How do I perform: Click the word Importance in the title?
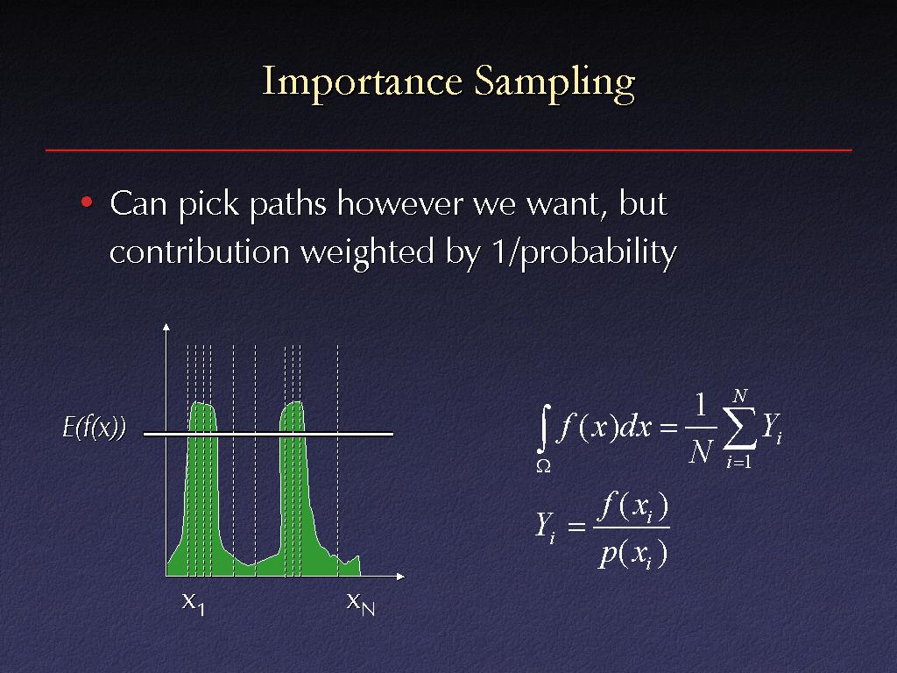[362, 81]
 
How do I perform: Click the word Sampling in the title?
[554, 83]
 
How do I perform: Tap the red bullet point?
[87, 202]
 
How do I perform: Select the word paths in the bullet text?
[287, 205]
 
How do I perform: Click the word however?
[399, 203]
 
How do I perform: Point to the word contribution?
[200, 251]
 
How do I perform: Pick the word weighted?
[367, 252]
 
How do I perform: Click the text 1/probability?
[584, 252]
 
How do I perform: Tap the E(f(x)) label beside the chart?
[94, 427]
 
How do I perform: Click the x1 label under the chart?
[194, 604]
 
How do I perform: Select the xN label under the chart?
[360, 604]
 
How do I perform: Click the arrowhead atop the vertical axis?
[166, 327]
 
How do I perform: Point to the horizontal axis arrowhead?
[400, 577]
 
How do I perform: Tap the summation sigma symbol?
[739, 428]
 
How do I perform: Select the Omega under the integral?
[543, 466]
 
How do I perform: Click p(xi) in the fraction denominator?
[632, 555]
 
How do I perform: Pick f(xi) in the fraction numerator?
[635, 507]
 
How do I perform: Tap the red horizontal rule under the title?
[448, 150]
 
